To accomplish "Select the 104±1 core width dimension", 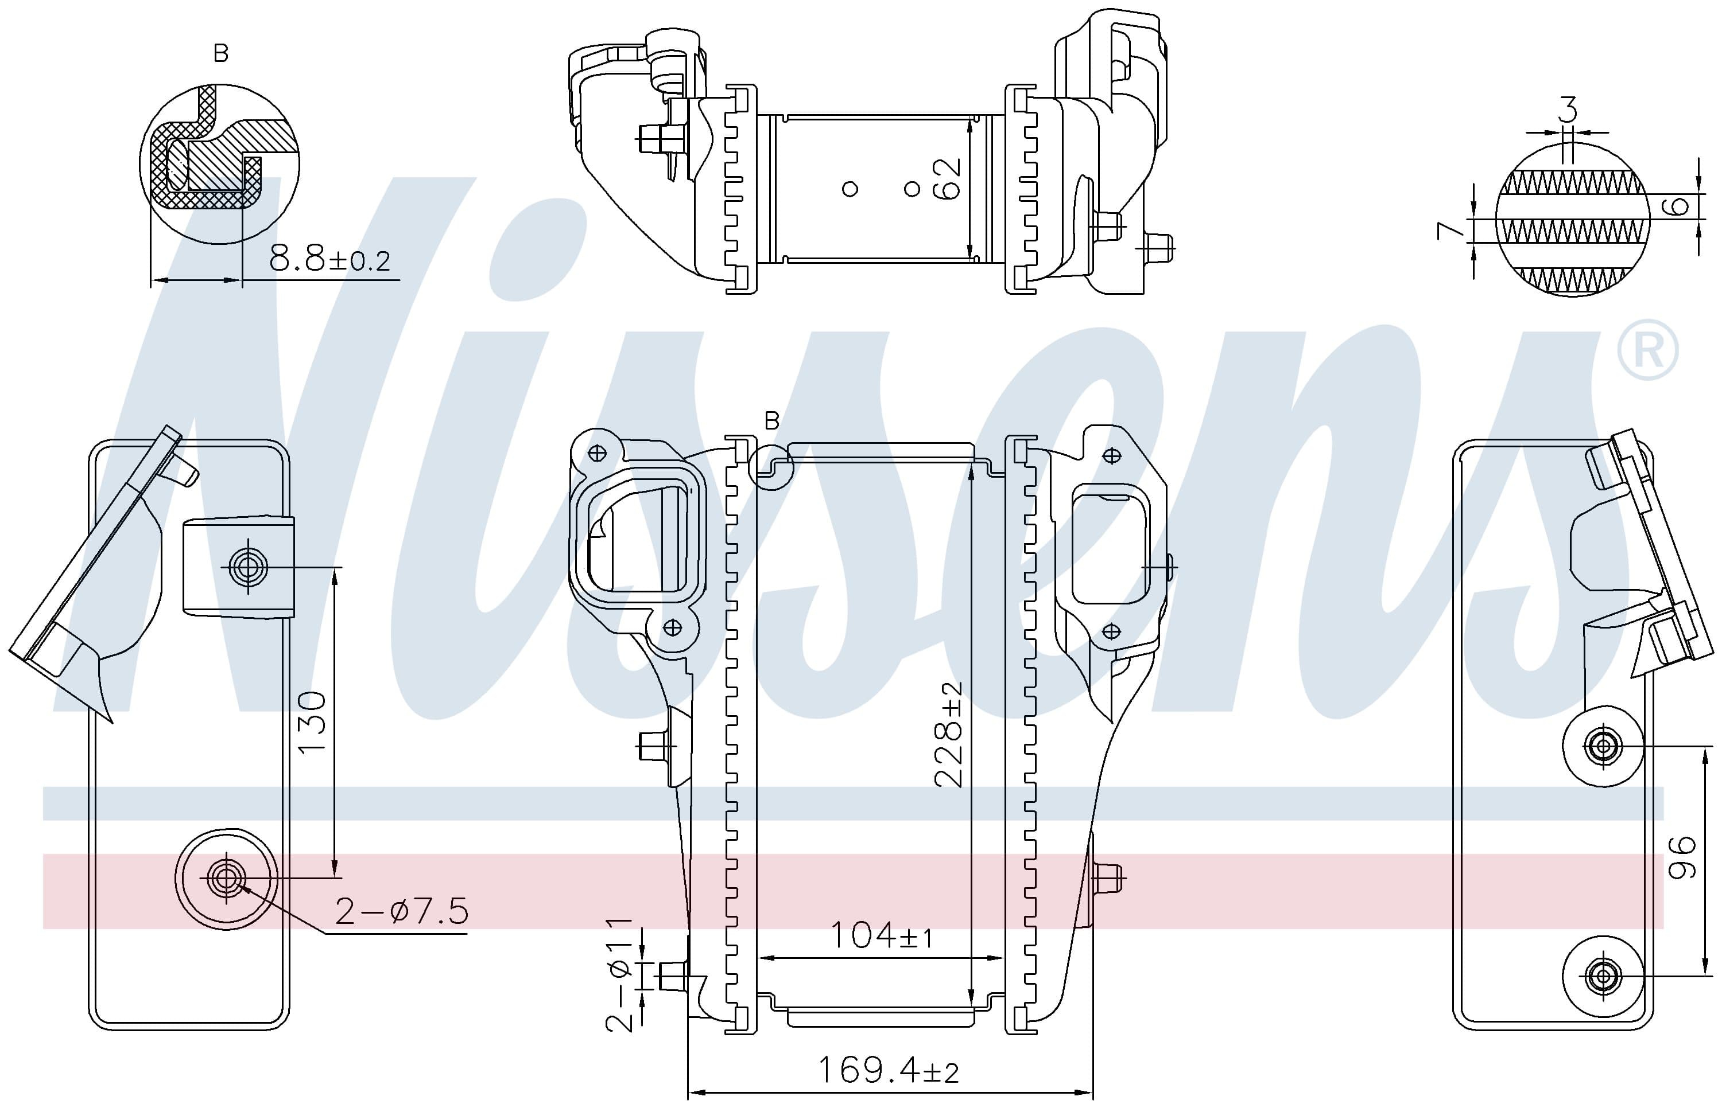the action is (x=881, y=935).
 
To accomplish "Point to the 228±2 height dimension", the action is (x=948, y=734).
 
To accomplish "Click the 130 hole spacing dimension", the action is (x=312, y=721).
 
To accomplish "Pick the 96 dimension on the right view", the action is (x=1682, y=857).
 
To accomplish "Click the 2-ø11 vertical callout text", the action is (x=619, y=976).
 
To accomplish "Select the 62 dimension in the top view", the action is (x=946, y=178).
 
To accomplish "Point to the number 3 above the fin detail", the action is (x=1567, y=110).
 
